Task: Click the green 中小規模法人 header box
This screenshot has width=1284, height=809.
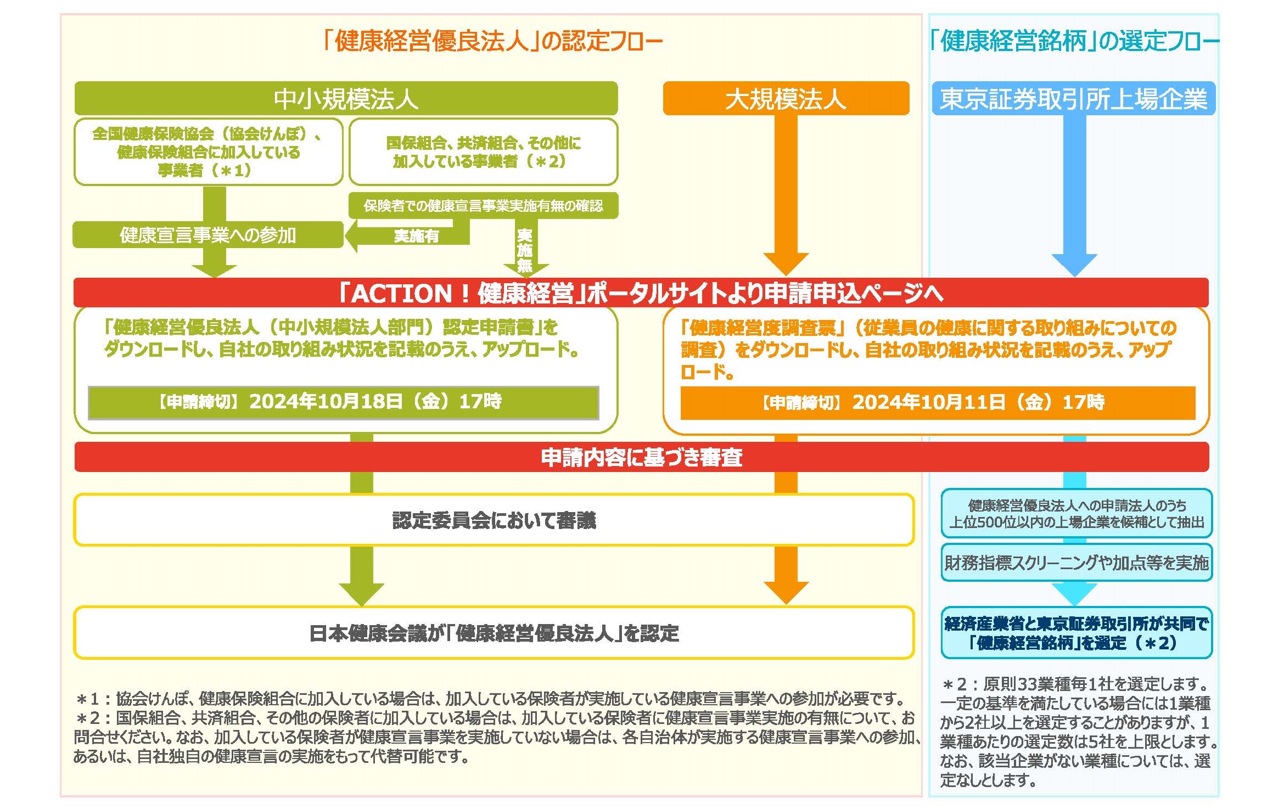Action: pos(346,99)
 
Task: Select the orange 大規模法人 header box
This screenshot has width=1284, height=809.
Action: pos(786,99)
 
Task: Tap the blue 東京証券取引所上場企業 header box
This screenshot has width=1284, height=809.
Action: pos(1073,99)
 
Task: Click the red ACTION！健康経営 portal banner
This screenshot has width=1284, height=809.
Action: pos(641,293)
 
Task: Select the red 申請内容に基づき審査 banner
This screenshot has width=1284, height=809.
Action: pos(641,457)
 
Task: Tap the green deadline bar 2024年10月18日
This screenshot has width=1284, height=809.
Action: pos(343,402)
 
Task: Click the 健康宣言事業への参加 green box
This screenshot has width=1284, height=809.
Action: pos(208,235)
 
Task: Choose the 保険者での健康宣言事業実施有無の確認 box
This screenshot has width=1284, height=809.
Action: pos(483,206)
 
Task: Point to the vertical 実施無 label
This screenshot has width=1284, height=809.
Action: pos(525,250)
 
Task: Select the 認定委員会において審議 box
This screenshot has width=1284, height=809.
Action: pos(494,520)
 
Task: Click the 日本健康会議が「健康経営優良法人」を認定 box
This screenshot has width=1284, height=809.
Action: pos(494,633)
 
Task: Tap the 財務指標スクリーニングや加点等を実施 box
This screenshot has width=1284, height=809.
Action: pos(1076,563)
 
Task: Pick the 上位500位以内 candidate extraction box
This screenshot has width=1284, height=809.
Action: pos(1076,513)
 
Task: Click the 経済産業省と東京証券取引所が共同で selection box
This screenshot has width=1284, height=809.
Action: pos(1076,633)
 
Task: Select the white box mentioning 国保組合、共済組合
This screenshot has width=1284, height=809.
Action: pos(483,152)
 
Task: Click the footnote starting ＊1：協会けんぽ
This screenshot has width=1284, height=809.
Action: pos(489,699)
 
